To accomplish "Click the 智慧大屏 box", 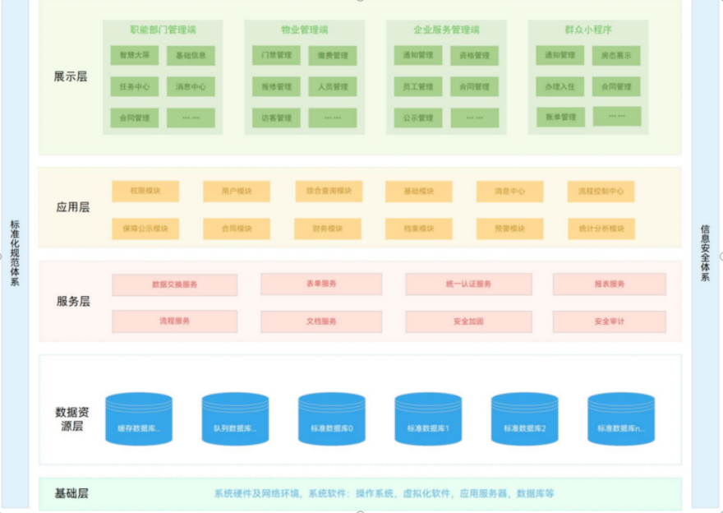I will [134, 56].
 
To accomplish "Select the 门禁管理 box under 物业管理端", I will [276, 56].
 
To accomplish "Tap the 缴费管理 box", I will [333, 56].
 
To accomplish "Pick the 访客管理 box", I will [276, 118].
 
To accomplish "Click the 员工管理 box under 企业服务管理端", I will [418, 86].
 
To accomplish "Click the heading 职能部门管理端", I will [163, 30].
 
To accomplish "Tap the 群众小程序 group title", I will [588, 30].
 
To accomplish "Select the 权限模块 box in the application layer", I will [145, 192].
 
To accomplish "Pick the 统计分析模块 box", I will [601, 229].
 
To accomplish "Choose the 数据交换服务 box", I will [174, 284].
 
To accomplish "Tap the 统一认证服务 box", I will [468, 284].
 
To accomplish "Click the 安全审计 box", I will [609, 321].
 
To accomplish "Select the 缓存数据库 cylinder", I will [139, 418].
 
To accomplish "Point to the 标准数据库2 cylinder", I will [525, 418].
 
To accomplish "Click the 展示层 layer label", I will [71, 76].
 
